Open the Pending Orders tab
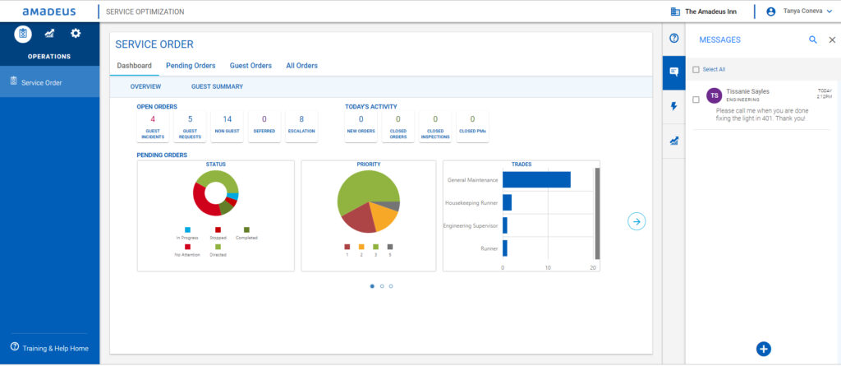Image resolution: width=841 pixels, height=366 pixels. pos(191,66)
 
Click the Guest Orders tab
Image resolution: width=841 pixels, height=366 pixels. pos(250,66)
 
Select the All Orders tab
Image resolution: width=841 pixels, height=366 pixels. pos(301,66)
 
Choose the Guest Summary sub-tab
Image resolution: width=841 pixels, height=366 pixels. pos(217,86)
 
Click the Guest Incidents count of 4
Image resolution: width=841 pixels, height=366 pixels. pos(153,126)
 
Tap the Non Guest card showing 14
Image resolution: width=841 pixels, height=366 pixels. pos(227,126)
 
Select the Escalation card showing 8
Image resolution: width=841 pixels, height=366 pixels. pos(301,126)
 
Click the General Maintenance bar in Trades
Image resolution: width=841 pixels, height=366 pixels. pos(536,180)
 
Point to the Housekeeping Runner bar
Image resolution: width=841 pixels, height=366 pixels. pos(507,202)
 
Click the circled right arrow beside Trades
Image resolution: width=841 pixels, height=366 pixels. pos(636,220)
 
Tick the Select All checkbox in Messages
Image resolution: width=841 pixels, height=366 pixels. pos(696,70)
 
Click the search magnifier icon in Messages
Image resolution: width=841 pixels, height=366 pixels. pos(813,39)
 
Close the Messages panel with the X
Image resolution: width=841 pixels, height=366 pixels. pos(832,39)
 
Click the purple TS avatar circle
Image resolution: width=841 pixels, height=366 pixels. pos(714,95)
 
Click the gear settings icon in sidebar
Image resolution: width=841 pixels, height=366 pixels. pos(76,33)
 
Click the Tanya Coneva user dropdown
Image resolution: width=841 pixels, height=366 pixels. pos(799,12)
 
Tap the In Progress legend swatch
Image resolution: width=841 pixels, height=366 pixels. pos(187,230)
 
